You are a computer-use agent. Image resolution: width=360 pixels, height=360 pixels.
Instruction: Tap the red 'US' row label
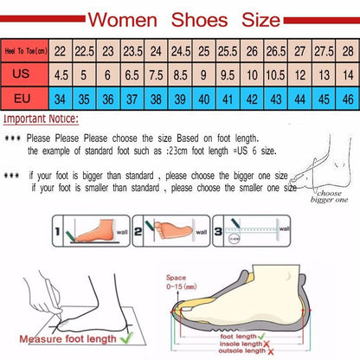(24, 75)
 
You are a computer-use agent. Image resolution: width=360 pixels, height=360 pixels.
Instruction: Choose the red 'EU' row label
(24, 98)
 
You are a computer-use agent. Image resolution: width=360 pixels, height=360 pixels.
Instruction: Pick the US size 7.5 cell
(157, 75)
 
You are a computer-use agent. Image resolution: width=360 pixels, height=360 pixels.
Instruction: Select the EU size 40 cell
(204, 98)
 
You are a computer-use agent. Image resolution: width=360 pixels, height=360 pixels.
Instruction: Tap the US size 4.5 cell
(61, 75)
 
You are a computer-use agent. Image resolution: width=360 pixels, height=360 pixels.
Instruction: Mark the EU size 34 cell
(61, 98)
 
